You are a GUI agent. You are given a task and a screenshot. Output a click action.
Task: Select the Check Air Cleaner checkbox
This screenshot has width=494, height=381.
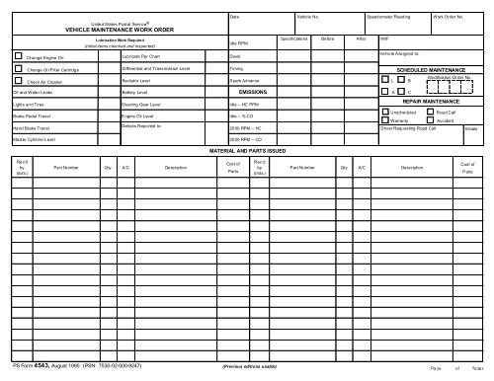pos(20,82)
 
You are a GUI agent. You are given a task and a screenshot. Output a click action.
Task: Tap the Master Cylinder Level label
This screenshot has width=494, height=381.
pos(35,139)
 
